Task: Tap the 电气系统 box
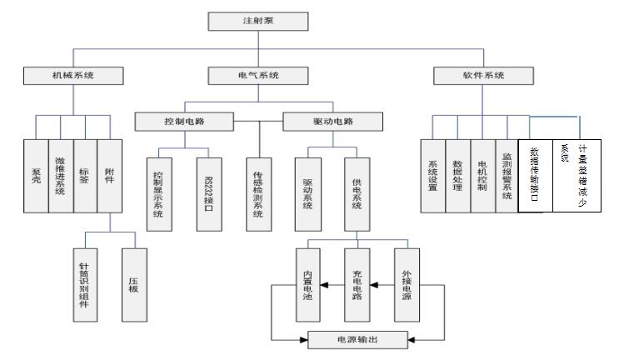point(254,76)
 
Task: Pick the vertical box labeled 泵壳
point(36,177)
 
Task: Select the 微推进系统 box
point(62,177)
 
